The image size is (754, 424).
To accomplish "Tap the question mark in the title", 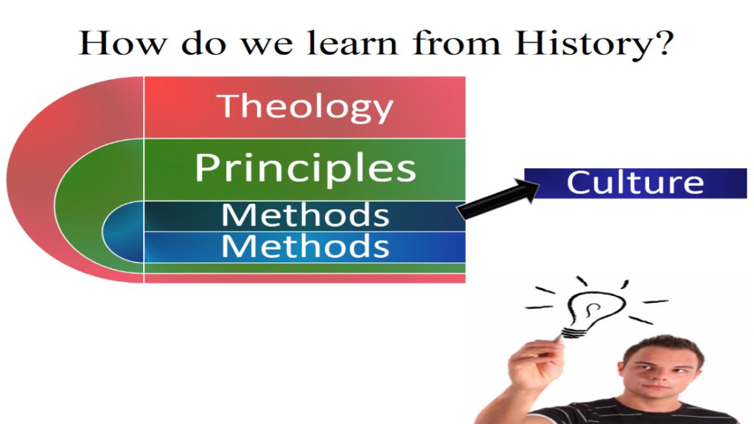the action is click(x=664, y=43).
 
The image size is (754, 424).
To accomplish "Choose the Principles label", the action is click(x=305, y=169).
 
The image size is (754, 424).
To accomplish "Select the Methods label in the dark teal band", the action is click(x=305, y=215).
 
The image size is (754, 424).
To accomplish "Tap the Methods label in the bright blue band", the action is click(x=305, y=246).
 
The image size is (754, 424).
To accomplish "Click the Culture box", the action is click(x=635, y=183).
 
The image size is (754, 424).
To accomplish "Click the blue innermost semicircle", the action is click(x=123, y=232).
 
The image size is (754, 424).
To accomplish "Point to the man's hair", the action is click(x=662, y=350).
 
